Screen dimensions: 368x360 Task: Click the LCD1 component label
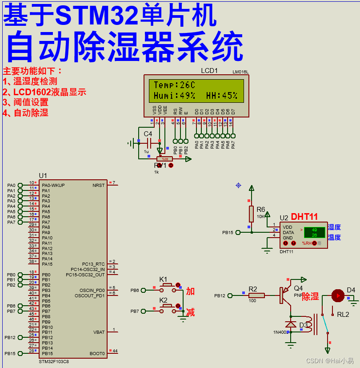coord(209,71)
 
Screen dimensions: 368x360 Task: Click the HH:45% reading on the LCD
coord(221,96)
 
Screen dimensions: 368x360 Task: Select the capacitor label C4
coord(148,133)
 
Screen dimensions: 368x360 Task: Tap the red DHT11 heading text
coord(304,217)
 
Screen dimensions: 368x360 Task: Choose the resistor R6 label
coord(261,210)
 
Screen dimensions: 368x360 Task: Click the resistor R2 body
coord(256,295)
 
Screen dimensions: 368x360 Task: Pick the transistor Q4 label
coord(298,288)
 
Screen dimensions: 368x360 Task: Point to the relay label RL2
coord(343,315)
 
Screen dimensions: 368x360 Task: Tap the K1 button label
coord(164,279)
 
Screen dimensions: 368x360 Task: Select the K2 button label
coord(164,300)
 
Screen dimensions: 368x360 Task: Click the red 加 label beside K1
coord(190,291)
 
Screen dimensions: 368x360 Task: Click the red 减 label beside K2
coord(190,312)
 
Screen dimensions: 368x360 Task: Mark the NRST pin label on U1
coord(98,185)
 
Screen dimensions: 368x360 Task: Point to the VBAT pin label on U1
coord(99,332)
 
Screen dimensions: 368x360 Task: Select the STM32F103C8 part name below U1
coord(54,362)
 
